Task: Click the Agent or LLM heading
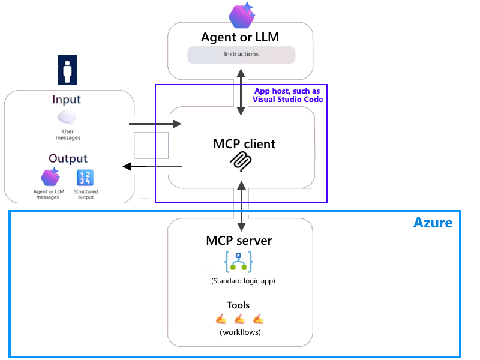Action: [240, 37]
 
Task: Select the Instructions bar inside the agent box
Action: [241, 55]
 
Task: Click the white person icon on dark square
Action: [67, 70]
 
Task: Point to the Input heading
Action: [67, 100]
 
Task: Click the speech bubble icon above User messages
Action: [67, 118]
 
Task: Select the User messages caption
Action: [67, 134]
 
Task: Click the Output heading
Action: [68, 158]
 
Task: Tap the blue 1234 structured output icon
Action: [85, 178]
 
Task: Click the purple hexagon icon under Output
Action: [50, 178]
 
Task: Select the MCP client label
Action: [244, 144]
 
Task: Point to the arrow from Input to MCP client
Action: [155, 124]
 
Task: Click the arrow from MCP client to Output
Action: [152, 166]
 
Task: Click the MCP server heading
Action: [239, 241]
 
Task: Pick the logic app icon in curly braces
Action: [239, 262]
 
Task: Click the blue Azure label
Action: [433, 223]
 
